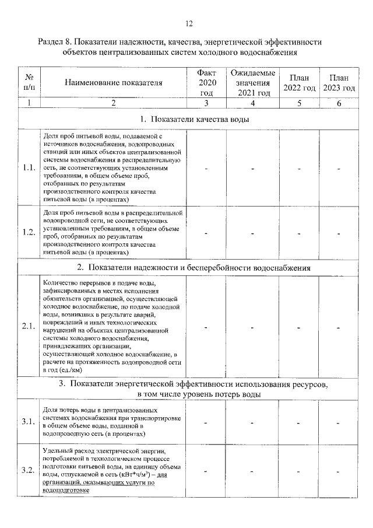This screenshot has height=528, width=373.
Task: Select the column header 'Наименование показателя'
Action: tap(113, 83)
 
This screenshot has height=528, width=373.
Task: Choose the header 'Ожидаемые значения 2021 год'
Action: tap(253, 83)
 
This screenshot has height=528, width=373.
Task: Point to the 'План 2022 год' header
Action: tap(300, 83)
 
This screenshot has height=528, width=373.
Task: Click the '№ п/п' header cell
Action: tap(29, 83)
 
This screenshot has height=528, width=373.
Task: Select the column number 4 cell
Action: tap(253, 103)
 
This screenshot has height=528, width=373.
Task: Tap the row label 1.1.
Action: tap(29, 168)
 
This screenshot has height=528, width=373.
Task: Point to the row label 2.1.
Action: tap(29, 326)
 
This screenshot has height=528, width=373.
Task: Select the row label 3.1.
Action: tap(29, 422)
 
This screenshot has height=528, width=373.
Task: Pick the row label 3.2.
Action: tap(29, 470)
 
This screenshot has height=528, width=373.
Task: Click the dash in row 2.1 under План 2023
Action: tap(339, 327)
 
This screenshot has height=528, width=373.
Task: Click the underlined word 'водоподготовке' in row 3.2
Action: tap(66, 491)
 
